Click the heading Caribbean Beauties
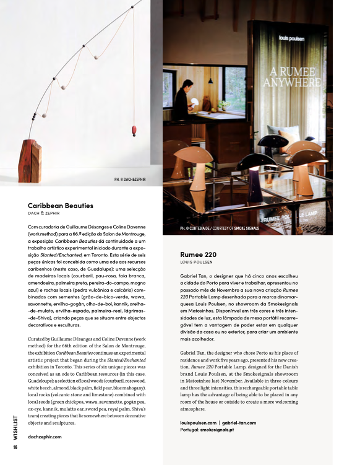[61, 206]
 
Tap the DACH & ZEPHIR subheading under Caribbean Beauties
[47, 214]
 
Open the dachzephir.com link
[45, 436]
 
